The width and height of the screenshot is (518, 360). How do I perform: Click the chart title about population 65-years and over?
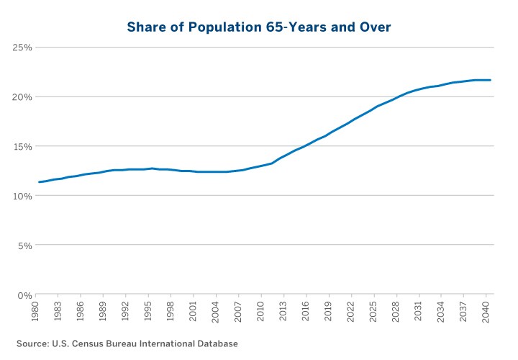258,27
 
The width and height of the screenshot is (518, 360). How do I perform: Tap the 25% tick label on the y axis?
22,48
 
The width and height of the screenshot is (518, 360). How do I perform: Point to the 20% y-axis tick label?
22,97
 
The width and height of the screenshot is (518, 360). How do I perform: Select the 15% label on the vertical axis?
22,146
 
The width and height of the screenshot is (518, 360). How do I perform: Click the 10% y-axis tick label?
22,196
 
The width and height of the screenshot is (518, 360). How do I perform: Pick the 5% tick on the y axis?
24,246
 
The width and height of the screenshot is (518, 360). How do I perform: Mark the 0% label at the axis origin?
24,295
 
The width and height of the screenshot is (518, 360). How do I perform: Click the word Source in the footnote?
33,343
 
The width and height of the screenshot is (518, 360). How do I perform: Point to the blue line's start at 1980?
39,182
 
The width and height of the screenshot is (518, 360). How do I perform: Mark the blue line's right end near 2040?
490,80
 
